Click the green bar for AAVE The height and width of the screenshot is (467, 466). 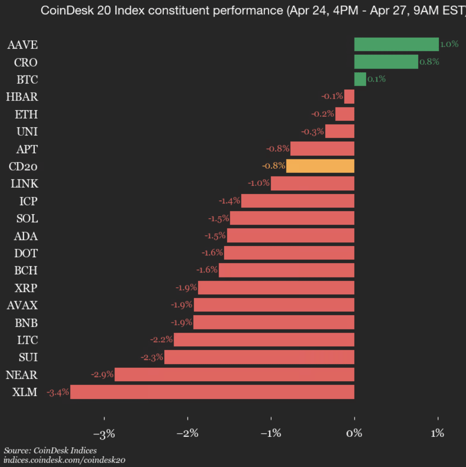396,44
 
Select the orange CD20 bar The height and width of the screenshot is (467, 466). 320,166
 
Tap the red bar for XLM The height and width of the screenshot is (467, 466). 212,392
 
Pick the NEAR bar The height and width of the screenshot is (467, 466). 234,374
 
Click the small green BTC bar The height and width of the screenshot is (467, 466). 360,79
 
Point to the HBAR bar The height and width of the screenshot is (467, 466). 349,97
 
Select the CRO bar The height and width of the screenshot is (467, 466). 386,62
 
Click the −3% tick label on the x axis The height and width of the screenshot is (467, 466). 104,434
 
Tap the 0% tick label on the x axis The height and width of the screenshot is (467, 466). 354,434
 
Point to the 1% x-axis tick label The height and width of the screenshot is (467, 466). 438,434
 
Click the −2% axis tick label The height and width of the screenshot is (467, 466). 188,434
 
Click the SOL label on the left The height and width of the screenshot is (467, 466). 27,219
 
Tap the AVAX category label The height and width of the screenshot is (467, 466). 22,305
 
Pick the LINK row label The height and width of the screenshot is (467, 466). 25,184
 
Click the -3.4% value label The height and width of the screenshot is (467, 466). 58,392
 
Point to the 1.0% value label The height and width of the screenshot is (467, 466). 449,44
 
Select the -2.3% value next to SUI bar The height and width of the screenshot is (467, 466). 152,357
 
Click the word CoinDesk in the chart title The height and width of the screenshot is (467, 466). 62,11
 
